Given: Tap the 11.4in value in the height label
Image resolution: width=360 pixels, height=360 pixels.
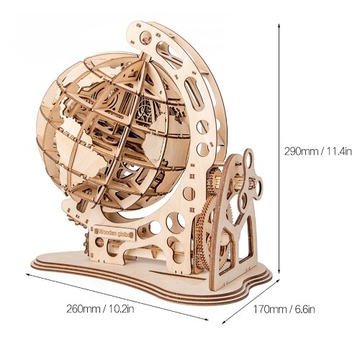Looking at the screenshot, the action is (x=338, y=152).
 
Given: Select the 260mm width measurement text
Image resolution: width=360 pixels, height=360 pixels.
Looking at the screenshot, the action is (x=83, y=309).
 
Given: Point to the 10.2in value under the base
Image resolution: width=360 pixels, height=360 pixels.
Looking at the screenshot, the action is (x=121, y=309).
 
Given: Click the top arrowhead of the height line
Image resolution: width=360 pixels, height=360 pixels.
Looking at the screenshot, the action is (x=279, y=25).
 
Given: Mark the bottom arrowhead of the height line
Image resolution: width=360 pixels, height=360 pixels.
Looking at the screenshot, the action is (x=279, y=271).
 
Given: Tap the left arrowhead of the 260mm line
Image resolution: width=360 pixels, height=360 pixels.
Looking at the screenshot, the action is (x=28, y=274).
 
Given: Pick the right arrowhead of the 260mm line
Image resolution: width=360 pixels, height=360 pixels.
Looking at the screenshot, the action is (x=206, y=318).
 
